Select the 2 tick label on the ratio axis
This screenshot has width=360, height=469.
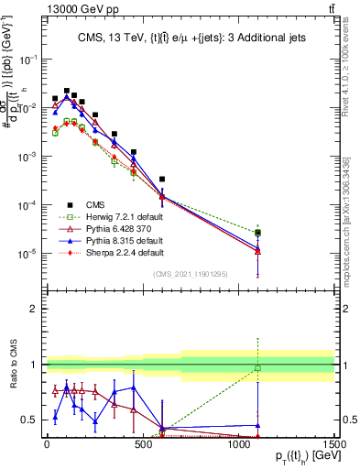32,309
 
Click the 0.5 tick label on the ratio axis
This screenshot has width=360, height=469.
28,420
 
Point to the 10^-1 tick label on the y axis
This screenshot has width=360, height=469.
27,58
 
